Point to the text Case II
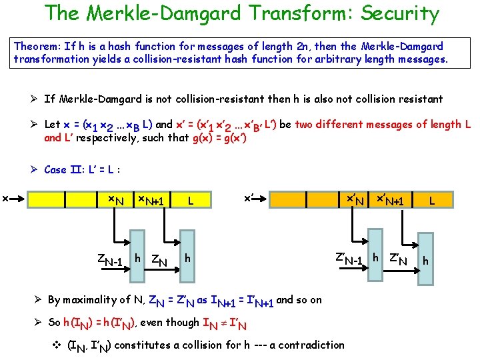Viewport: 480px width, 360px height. coord(65,169)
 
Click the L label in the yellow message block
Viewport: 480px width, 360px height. coord(191,200)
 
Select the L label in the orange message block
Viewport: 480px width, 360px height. coord(432,200)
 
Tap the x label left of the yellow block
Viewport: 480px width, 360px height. coord(5,198)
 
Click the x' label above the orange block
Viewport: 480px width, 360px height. coord(249,197)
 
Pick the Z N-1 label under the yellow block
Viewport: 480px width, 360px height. coord(109,259)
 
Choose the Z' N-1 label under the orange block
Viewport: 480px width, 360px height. coord(348,258)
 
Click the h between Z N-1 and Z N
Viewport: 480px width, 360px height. coord(137,257)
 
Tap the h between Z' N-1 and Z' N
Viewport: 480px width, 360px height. coord(376,257)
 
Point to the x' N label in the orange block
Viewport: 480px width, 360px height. coord(353,200)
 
